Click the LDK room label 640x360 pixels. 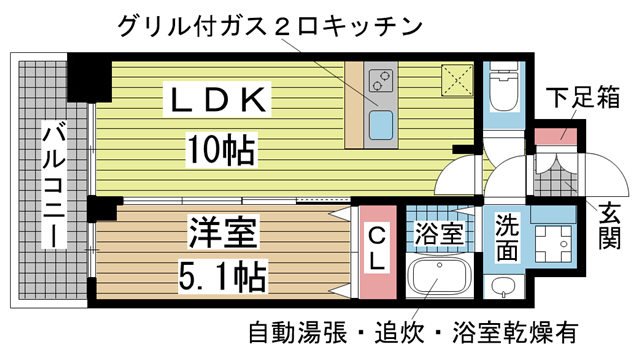click(x=217, y=99)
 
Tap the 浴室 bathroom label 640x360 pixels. click(x=437, y=236)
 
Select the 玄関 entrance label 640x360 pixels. click(x=609, y=225)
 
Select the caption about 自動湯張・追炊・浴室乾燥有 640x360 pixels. click(x=415, y=331)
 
